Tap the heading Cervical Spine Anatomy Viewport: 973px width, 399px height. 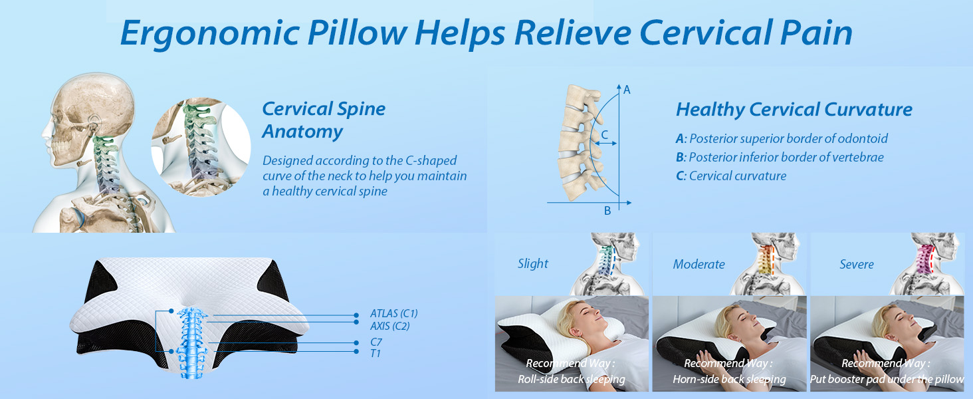(324, 120)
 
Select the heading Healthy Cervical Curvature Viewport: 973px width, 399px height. (794, 109)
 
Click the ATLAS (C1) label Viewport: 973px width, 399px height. (393, 314)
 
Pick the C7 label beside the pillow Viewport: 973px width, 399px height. (376, 342)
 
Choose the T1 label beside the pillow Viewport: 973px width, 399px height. (376, 353)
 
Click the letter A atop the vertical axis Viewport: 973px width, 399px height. (627, 89)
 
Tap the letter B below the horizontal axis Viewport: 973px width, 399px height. (607, 211)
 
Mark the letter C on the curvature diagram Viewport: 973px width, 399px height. (604, 134)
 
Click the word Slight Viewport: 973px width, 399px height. (533, 264)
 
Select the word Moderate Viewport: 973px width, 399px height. (699, 264)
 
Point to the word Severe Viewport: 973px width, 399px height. (856, 264)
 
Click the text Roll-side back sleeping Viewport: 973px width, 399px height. (572, 380)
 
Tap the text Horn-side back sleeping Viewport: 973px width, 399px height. (729, 380)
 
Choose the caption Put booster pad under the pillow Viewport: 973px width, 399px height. (887, 380)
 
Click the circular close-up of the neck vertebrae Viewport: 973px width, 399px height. (201, 147)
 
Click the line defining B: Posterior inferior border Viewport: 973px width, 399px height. (780, 158)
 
